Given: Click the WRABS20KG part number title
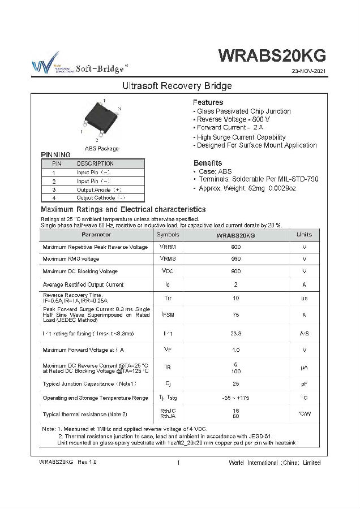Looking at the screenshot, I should click(272, 55).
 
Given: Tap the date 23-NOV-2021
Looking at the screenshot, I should click(309, 72).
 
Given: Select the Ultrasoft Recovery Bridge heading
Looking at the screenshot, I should click(178, 86).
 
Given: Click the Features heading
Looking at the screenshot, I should click(208, 102).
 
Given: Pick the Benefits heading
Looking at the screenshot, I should click(208, 163).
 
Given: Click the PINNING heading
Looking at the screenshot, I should click(56, 155).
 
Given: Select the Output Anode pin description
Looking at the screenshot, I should click(98, 190).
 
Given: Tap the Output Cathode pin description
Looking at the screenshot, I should click(100, 198).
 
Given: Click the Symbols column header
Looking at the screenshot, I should click(168, 234).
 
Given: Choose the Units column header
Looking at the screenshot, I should click(304, 234).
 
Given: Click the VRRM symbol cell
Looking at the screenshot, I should click(168, 247).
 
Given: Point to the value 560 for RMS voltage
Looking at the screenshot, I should click(235, 259).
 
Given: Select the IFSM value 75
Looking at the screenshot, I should click(235, 315).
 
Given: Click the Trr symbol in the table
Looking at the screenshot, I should click(168, 298).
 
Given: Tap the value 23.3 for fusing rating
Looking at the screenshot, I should click(235, 334).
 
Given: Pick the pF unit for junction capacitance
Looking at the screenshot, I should click(304, 383).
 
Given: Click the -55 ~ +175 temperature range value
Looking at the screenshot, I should click(235, 398).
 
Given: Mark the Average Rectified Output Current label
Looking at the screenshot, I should click(83, 284).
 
